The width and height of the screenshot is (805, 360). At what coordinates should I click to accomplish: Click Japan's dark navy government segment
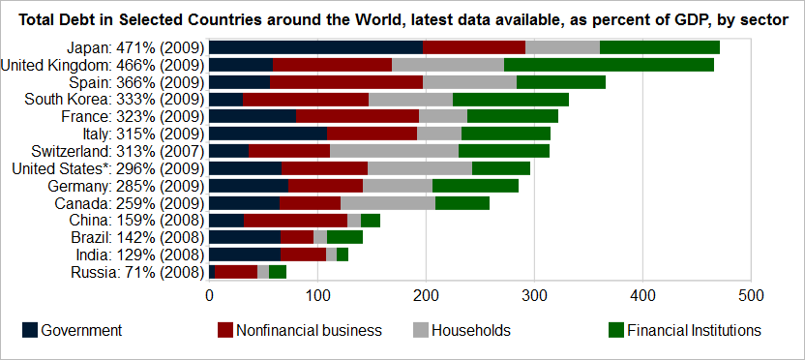pos(316,47)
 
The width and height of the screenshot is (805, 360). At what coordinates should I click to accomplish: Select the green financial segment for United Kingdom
pos(609,65)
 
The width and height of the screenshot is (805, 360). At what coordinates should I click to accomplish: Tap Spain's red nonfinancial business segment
pos(346,82)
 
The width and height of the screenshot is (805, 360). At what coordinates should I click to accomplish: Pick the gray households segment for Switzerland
pos(395,151)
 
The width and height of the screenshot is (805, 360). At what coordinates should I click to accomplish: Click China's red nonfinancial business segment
pos(296,221)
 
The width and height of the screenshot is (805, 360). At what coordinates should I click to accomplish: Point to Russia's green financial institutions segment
pos(278,272)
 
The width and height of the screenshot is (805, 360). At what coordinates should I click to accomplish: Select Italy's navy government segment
pos(269,134)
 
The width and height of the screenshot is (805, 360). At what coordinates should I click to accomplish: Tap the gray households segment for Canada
pos(388,203)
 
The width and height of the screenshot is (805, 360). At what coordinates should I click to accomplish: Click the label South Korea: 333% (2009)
pos(114,99)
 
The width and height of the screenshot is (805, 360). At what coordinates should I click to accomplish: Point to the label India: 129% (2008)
pos(139,255)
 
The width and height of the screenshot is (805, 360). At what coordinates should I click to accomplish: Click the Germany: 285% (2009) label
pos(127,186)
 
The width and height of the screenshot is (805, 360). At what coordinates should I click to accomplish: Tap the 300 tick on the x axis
pos(534,295)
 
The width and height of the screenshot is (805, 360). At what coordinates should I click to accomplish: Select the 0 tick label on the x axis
pos(209,295)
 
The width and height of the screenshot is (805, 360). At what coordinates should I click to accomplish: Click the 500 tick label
pos(751,295)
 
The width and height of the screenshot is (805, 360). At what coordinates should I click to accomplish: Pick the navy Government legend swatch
pos(30,330)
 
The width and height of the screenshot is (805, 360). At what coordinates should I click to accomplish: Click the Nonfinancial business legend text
pos(309,330)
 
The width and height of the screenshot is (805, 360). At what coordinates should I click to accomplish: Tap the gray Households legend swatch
pos(421,330)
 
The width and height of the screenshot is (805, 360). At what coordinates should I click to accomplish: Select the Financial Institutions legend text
pos(694,330)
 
